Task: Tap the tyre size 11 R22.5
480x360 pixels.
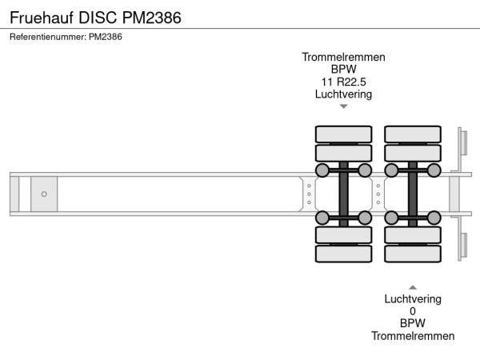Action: [344, 82]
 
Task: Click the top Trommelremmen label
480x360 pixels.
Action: [344, 57]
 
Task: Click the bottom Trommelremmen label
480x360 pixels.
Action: [413, 336]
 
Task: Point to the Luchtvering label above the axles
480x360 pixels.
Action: [344, 94]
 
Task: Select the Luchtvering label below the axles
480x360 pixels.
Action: [413, 299]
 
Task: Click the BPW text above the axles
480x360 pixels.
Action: [344, 69]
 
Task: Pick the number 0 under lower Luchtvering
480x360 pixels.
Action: [413, 311]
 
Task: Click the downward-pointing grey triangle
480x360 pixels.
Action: [344, 106]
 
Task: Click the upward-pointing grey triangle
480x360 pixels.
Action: [413, 286]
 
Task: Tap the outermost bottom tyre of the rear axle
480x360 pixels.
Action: [413, 254]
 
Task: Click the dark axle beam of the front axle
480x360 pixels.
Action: [344, 194]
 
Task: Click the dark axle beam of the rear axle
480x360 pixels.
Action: [413, 194]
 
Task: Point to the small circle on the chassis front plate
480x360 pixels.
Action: [44, 194]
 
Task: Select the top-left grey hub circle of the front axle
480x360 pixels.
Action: [322, 170]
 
